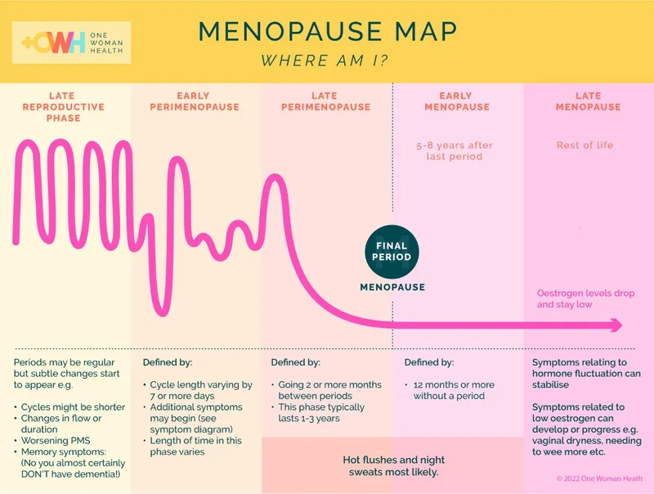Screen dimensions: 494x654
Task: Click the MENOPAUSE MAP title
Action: tap(327, 31)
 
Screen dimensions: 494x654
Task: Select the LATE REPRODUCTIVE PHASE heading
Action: tap(63, 106)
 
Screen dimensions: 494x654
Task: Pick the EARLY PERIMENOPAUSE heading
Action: tap(195, 101)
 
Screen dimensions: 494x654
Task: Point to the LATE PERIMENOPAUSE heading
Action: tap(325, 101)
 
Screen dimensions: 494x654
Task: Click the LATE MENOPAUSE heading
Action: tap(588, 101)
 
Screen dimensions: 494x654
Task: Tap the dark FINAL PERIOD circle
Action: tap(392, 251)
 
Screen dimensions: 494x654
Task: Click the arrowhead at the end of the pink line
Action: tap(615, 326)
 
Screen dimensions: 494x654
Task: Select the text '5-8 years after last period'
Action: tap(455, 150)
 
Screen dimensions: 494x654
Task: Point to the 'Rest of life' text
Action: tap(585, 145)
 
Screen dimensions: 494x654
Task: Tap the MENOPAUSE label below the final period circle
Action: tap(392, 287)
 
